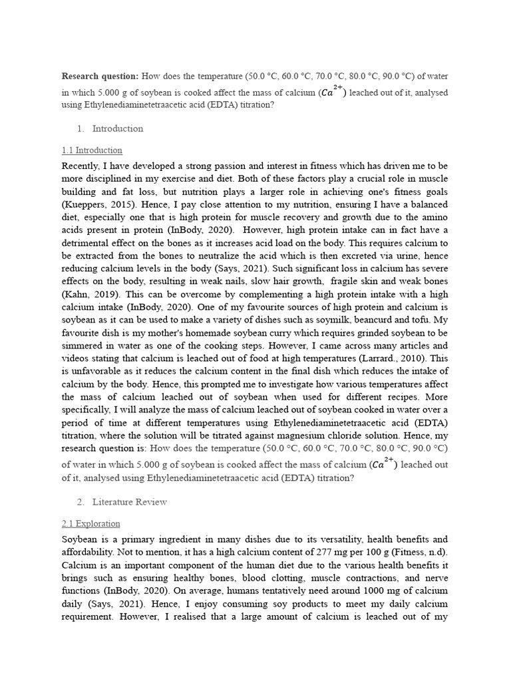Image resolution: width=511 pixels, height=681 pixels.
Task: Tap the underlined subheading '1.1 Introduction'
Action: (92, 150)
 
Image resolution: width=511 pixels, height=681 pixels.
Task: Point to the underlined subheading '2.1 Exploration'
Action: (91, 523)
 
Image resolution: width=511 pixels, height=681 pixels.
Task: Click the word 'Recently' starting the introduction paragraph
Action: (83, 166)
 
